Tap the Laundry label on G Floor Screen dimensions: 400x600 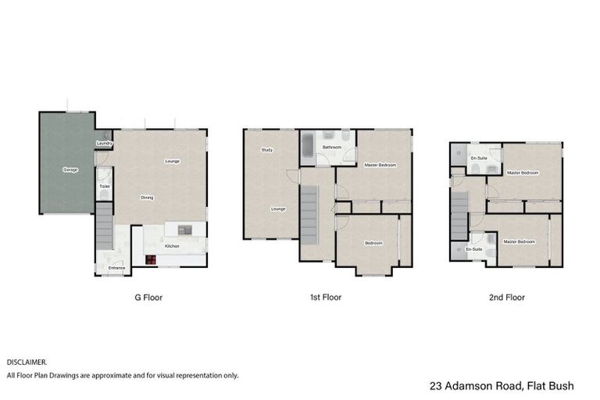[105, 144]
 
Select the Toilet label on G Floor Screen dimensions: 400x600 [104, 187]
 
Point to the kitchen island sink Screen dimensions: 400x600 [184, 230]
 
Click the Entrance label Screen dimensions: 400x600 [116, 268]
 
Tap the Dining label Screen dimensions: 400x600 [146, 198]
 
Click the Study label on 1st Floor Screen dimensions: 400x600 [266, 149]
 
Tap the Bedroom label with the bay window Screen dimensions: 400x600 [373, 243]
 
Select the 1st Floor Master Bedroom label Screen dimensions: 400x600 [380, 165]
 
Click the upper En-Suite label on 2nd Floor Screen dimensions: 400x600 [478, 159]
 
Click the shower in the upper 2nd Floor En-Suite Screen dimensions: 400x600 [458, 153]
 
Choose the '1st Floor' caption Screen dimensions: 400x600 [326, 297]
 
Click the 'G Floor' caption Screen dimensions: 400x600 [148, 297]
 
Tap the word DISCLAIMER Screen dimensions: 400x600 [27, 362]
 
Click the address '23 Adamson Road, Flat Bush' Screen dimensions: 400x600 [502, 386]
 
